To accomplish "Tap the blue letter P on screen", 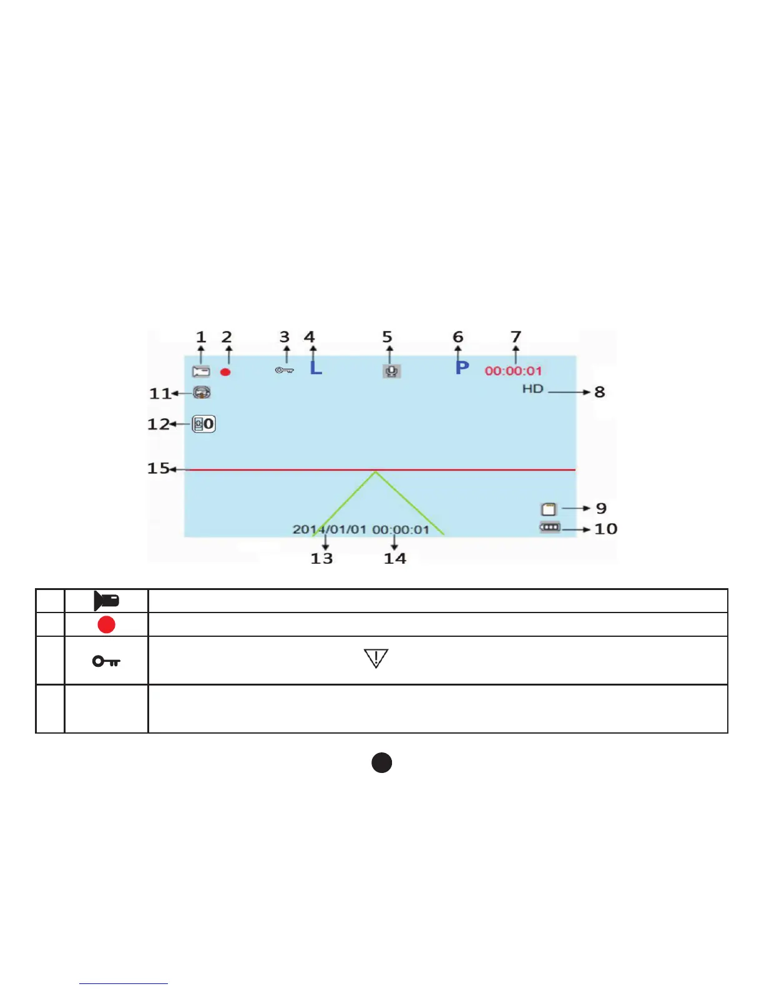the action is coord(462,367).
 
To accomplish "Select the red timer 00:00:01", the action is coord(514,371).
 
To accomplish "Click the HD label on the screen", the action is coord(533,389).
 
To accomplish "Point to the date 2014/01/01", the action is coord(330,529).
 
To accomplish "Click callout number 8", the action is coord(599,392).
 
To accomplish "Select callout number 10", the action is coord(605,529).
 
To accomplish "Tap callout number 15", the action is coord(158,468).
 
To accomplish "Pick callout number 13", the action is coord(321,558).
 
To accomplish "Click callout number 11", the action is coord(160,393).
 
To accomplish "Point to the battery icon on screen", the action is coord(550,528).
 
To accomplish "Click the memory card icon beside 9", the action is coord(548,509).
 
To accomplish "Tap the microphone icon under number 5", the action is coord(391,371).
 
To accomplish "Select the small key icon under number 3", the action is coord(284,370).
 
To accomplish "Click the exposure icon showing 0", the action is coord(203,424).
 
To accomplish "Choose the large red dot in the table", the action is coord(106,624).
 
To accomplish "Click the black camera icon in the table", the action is coord(106,601).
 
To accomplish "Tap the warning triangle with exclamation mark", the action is coord(376,658).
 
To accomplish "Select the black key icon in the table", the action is coord(106,661).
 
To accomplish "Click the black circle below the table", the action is coord(381,762).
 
